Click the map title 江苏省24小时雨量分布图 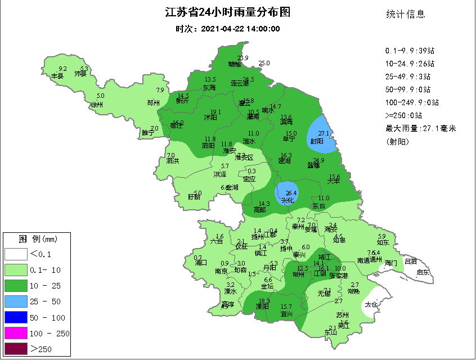(x=228, y=13)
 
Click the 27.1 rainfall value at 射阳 (x=323, y=133)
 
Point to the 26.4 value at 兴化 (x=291, y=193)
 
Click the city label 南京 (x=221, y=271)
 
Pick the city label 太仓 (x=370, y=304)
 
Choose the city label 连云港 (x=240, y=83)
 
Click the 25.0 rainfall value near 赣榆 (x=264, y=63)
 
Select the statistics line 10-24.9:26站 (x=409, y=64)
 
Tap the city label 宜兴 (x=286, y=313)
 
